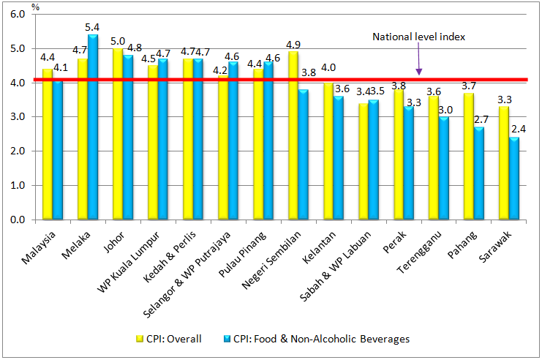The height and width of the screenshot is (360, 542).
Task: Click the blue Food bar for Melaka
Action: [x=92, y=127]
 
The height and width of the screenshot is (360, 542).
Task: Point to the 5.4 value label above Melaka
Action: [x=93, y=27]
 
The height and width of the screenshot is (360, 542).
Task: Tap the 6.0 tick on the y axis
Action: [x=18, y=15]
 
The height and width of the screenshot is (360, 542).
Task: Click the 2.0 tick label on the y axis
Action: [x=18, y=151]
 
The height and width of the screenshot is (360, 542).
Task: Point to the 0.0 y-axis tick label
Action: [x=18, y=220]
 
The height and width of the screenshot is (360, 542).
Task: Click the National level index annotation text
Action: [x=419, y=37]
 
